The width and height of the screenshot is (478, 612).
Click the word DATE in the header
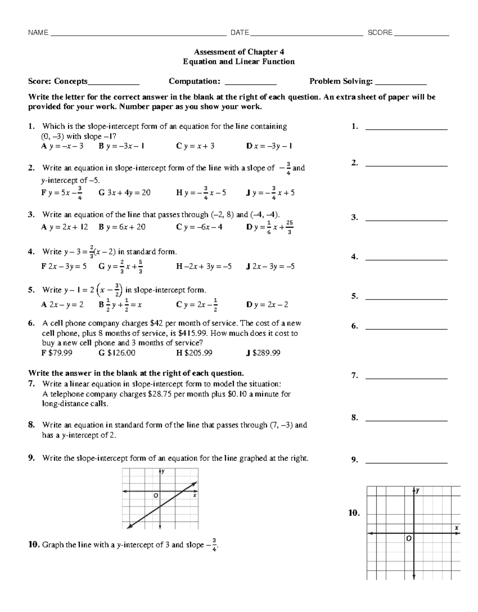(240, 33)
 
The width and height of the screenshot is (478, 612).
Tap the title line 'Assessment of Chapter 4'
(239, 52)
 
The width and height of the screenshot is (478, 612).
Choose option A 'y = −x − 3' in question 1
(63, 146)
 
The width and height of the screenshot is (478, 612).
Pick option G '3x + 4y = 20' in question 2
(124, 193)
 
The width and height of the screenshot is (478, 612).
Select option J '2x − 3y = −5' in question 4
(270, 266)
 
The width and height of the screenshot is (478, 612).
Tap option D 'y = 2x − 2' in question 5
(267, 305)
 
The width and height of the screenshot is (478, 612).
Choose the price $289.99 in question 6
(263, 353)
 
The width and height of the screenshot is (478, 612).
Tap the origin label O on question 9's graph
(156, 495)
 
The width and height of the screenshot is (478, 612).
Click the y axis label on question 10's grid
(418, 491)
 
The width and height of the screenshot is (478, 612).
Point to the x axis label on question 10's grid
(456, 528)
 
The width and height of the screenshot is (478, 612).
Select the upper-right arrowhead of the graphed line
(195, 483)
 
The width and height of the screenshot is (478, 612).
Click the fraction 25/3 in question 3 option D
(289, 227)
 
